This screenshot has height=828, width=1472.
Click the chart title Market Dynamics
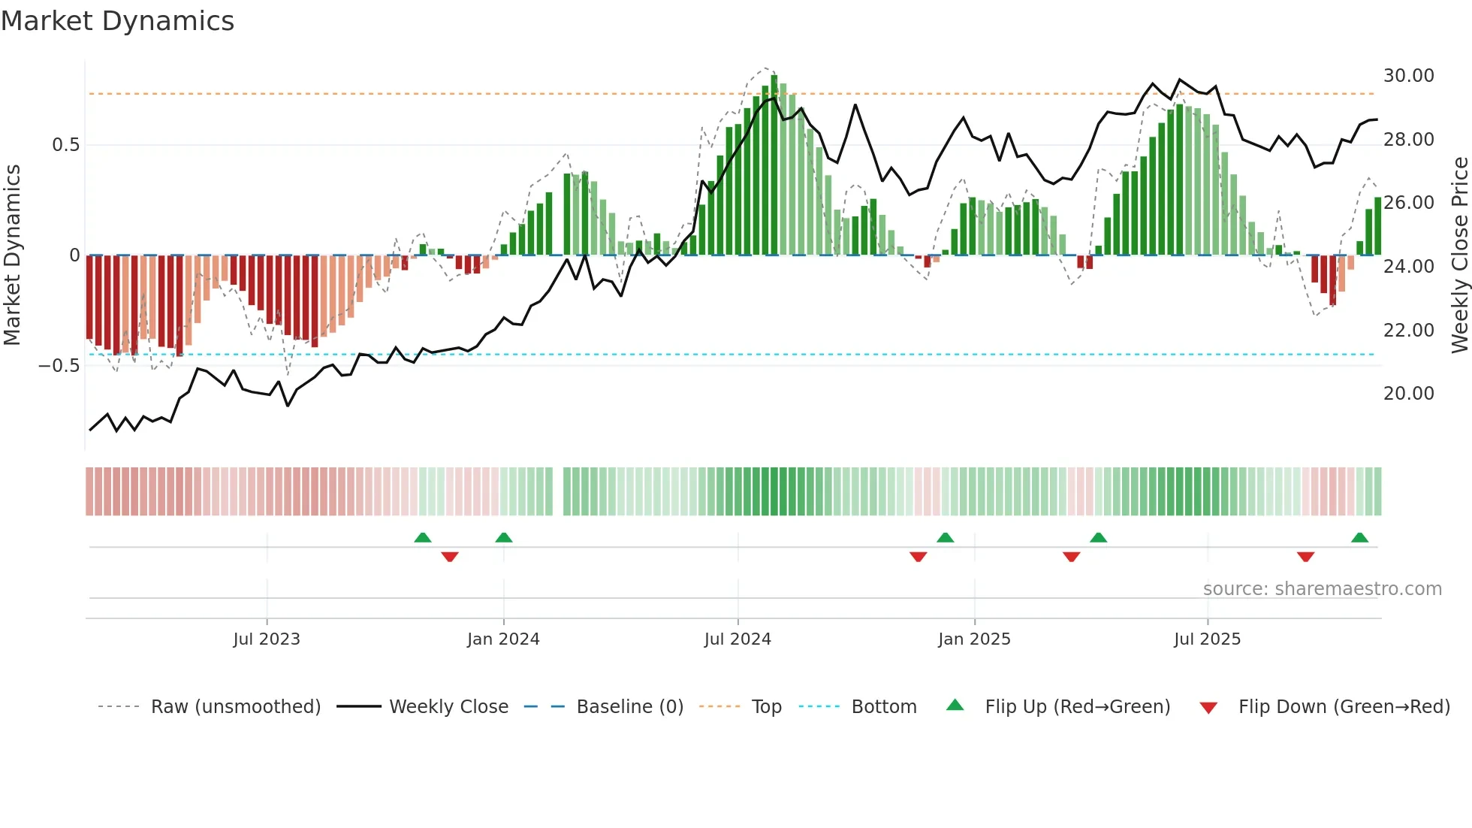(x=117, y=21)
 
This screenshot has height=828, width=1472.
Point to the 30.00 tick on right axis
(x=1408, y=76)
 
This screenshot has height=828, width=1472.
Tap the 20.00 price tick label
(x=1408, y=394)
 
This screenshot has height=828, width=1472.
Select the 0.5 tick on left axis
(x=65, y=145)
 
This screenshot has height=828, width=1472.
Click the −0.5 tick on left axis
(x=59, y=366)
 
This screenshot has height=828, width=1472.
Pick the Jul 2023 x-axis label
(x=267, y=639)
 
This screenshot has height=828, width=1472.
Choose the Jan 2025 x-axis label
(x=974, y=639)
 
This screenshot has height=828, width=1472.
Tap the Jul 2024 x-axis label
(x=738, y=639)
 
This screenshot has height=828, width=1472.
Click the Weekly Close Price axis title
(x=1459, y=255)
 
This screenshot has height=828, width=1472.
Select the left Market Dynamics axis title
(x=12, y=255)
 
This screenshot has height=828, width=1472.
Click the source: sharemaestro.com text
(x=1322, y=589)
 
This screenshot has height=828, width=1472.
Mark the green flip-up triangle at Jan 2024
(x=504, y=538)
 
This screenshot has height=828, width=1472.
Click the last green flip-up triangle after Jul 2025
(x=1359, y=538)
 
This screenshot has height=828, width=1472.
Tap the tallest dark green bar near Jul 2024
(x=774, y=165)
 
